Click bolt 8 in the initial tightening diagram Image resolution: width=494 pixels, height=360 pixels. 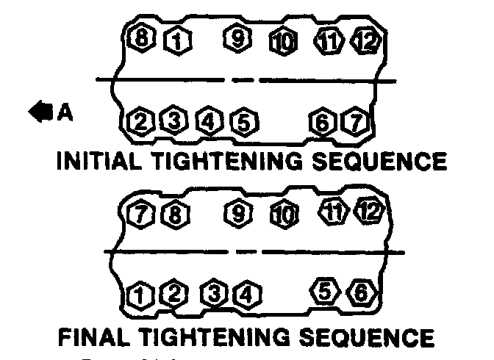pos(138,39)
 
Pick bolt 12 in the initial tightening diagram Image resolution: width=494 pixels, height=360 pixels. pos(365,40)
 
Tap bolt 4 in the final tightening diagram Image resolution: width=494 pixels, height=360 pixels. pos(246,295)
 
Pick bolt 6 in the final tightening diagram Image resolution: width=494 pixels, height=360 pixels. pos(360,292)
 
